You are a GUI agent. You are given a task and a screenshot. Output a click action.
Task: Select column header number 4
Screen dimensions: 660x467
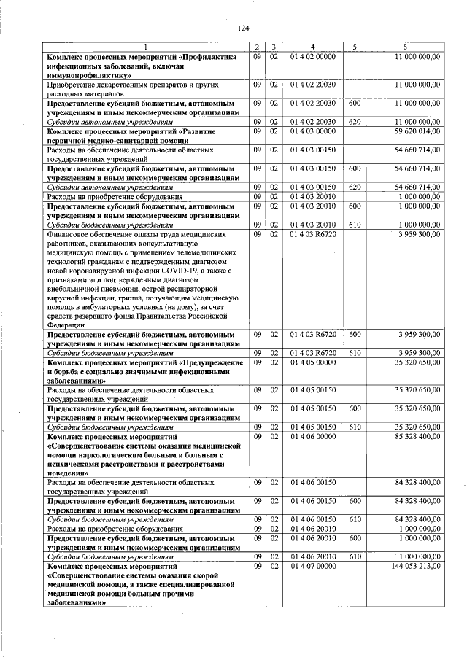(x=312, y=47)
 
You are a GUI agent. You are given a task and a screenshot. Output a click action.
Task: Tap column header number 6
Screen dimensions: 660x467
(x=405, y=47)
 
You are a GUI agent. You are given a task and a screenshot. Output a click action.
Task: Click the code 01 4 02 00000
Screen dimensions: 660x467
(x=312, y=56)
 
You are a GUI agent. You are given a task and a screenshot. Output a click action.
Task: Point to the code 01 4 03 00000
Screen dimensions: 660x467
(x=312, y=131)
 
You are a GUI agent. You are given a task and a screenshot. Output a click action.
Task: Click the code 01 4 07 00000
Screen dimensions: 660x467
(x=312, y=566)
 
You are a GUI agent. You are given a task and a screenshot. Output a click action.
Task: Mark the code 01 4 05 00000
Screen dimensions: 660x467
(x=312, y=362)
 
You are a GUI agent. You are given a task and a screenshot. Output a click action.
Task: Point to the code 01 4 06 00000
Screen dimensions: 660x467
(x=312, y=437)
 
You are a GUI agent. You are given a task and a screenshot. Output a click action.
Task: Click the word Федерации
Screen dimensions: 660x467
(x=67, y=325)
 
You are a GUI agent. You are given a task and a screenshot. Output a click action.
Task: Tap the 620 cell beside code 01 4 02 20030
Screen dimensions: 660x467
(x=355, y=122)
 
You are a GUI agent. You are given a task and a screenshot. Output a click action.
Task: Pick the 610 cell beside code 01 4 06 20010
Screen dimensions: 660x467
(x=355, y=556)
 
